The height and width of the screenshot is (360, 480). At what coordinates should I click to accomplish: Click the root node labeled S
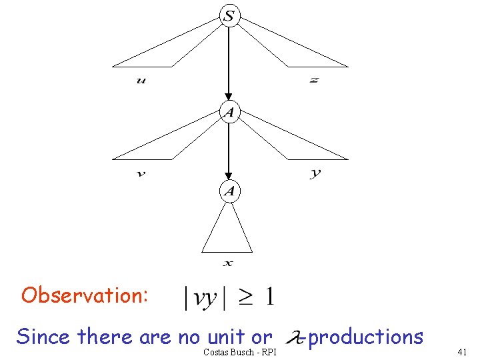[229, 16]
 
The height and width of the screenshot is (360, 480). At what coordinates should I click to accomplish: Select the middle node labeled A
[229, 112]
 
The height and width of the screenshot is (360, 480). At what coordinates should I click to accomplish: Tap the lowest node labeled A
[229, 192]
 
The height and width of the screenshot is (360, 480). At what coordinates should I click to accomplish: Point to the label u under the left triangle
[141, 81]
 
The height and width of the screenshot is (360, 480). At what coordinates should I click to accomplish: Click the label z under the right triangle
[314, 80]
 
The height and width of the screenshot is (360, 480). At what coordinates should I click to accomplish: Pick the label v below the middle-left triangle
[141, 174]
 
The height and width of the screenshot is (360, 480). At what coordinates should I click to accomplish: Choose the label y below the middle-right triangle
[315, 173]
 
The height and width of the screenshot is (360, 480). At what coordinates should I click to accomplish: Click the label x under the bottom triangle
[228, 263]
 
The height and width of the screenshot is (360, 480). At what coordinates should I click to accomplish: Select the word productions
[365, 337]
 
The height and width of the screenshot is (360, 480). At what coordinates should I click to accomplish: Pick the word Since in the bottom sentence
[43, 337]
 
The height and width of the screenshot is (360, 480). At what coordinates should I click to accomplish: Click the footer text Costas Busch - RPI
[239, 351]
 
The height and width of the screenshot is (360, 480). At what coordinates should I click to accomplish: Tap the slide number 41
[463, 351]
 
